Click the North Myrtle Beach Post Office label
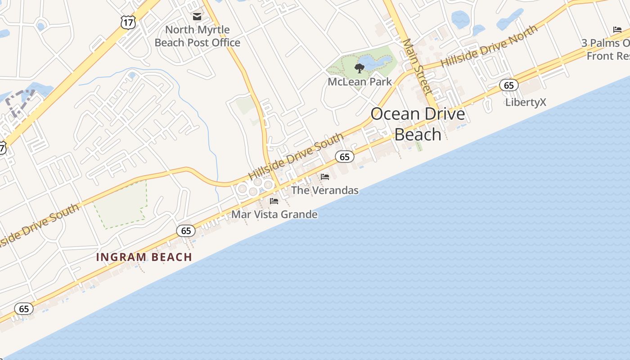coord(198,36)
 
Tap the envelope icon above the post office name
coord(197,17)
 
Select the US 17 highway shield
coord(128,22)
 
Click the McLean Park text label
coord(360,82)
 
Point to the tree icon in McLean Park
coord(359,68)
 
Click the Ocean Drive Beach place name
coord(418,124)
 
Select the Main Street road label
coord(417,67)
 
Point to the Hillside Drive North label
coord(489,46)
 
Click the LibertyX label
coord(526,102)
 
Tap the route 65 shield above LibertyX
coord(508,85)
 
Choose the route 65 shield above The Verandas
coord(345,157)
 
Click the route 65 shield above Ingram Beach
coord(186,231)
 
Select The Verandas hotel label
coord(325,190)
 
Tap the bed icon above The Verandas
coord(325,177)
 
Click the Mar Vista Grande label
coord(274,215)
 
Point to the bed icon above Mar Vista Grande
coord(274,201)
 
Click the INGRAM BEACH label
coord(144,257)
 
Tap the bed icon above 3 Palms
coord(617,30)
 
